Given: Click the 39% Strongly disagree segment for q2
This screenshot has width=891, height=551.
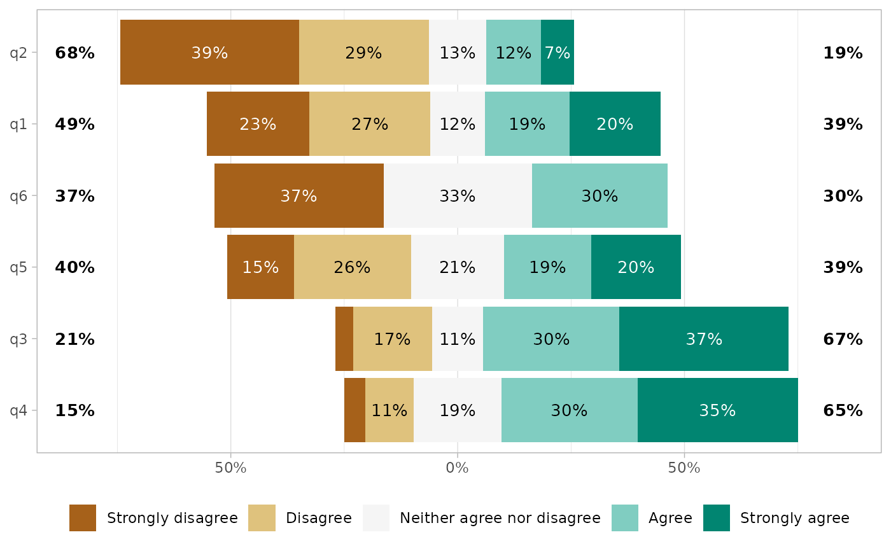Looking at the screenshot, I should [x=209, y=52].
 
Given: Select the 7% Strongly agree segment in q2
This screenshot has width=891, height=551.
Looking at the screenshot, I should [x=558, y=52].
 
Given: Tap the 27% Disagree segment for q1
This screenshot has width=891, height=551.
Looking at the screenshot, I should [x=370, y=124].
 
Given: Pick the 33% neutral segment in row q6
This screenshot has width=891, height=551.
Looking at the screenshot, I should [x=458, y=196].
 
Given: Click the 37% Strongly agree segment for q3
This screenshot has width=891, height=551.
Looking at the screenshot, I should [x=704, y=339].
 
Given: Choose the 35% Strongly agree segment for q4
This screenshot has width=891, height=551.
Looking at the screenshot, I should [x=718, y=410].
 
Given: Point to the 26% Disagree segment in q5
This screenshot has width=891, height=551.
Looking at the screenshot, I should [x=353, y=267].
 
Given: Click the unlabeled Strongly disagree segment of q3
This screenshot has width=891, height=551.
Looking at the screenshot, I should [x=344, y=339].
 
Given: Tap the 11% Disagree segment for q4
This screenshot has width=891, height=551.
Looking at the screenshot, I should [x=389, y=410].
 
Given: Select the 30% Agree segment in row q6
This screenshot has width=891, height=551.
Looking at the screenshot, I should [x=600, y=196].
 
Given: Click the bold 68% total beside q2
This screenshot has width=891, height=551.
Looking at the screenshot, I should [x=74, y=53].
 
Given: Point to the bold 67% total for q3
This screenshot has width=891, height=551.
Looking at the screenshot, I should [x=843, y=339].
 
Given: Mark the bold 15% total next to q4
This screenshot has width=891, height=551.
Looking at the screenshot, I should [x=74, y=410].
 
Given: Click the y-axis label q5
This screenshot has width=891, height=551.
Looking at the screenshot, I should [x=18, y=267].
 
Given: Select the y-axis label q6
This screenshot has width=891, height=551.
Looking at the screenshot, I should [x=18, y=196].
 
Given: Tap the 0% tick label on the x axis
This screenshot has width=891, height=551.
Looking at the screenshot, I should [x=457, y=469].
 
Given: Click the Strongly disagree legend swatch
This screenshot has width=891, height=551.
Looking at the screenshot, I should [x=83, y=518].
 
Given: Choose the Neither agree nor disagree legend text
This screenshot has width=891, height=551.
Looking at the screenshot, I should [x=500, y=518].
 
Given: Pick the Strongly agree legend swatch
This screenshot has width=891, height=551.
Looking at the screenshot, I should [x=717, y=518].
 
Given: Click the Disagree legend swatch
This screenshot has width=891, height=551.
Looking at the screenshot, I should [x=262, y=518].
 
